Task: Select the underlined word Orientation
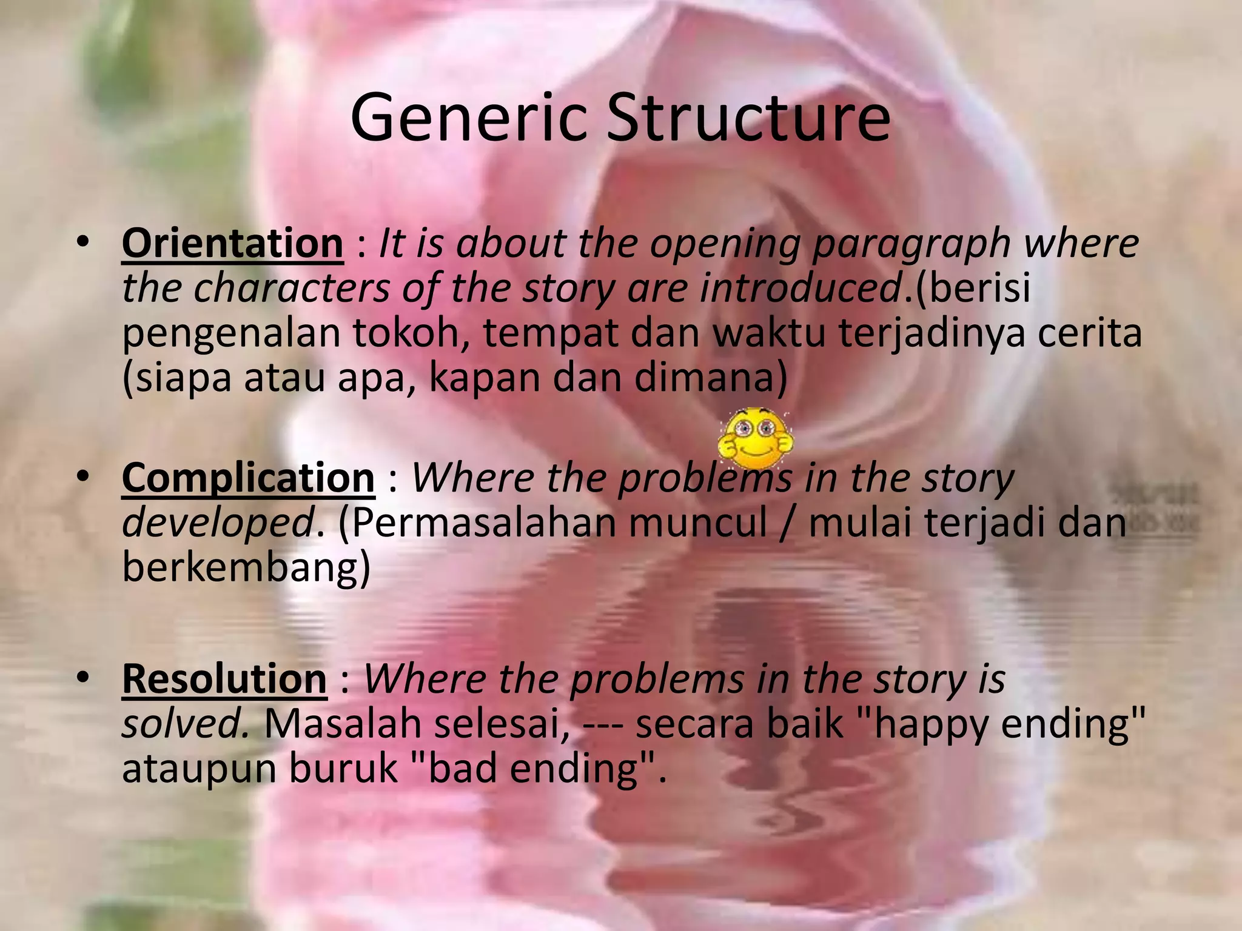(x=232, y=243)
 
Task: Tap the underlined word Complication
(x=248, y=478)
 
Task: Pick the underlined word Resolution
(x=224, y=678)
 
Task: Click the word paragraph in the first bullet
(x=911, y=244)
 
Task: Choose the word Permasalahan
(x=479, y=522)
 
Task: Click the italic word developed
(x=217, y=522)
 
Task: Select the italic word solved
(x=184, y=723)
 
